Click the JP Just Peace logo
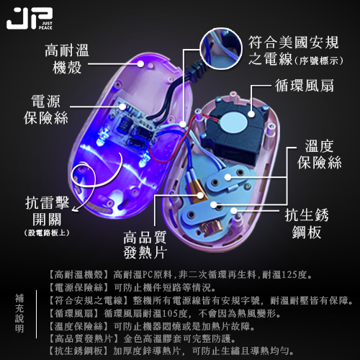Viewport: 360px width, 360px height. (30, 19)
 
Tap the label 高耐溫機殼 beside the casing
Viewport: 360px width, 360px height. (67, 59)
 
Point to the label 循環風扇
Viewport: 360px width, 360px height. (305, 86)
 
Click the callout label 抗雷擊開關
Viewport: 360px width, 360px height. (47, 211)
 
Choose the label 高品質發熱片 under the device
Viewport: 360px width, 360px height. (145, 245)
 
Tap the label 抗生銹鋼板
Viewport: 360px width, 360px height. (307, 224)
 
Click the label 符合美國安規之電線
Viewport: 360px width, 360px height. (296, 51)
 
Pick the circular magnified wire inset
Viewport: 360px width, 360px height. (221, 48)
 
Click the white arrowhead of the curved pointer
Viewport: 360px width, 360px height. (75, 210)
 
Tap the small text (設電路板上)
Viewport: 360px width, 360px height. (47, 233)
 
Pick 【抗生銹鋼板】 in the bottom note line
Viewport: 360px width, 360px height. (78, 351)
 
